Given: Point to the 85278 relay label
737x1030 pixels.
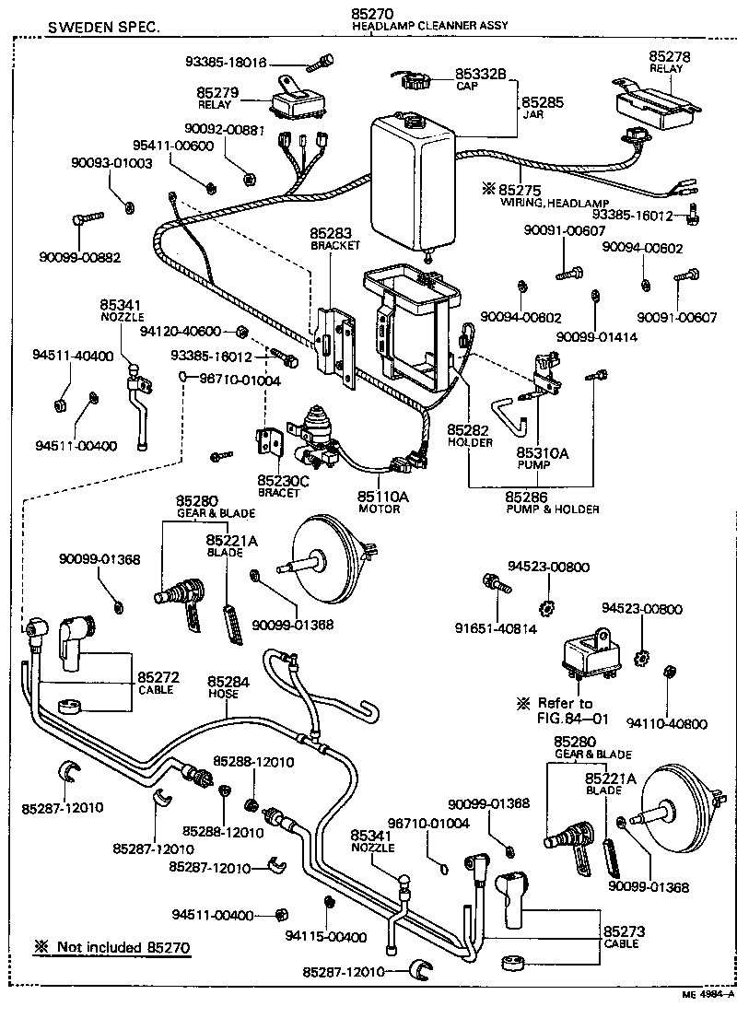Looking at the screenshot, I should click(x=669, y=56).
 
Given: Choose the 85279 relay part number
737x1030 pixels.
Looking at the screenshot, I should click(x=217, y=93).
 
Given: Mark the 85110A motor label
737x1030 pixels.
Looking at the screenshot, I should click(x=382, y=497).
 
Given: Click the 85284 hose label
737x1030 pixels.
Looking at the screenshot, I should click(x=228, y=682).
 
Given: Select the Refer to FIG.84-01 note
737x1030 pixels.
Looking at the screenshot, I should click(x=566, y=710).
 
